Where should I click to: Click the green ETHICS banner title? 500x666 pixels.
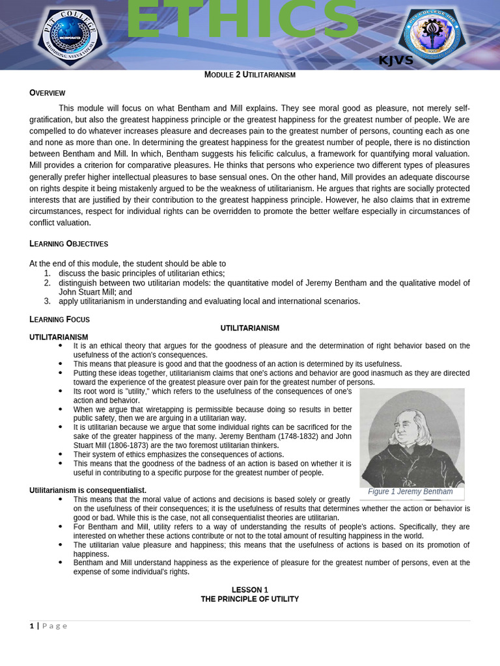click(x=242, y=21)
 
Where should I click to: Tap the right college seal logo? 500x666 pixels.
click(x=432, y=34)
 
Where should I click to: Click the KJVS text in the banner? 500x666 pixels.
click(x=396, y=60)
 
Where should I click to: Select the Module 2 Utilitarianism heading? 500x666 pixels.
click(x=250, y=75)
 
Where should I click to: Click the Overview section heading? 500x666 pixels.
click(x=48, y=93)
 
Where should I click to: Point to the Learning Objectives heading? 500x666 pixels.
click(x=68, y=244)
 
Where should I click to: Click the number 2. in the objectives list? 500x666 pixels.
click(x=47, y=283)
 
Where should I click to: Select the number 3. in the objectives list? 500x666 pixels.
click(x=47, y=301)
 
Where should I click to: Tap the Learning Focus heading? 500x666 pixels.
click(x=59, y=319)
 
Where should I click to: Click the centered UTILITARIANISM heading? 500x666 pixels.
click(x=250, y=328)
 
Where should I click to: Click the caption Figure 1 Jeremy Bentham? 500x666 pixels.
click(x=410, y=492)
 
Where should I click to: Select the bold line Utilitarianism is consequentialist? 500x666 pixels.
click(x=88, y=490)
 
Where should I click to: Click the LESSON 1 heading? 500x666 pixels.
click(x=250, y=590)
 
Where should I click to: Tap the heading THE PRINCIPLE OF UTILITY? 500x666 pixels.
click(x=250, y=599)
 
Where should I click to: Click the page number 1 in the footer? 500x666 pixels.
click(x=31, y=626)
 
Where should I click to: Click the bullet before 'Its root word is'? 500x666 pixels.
click(x=60, y=392)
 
